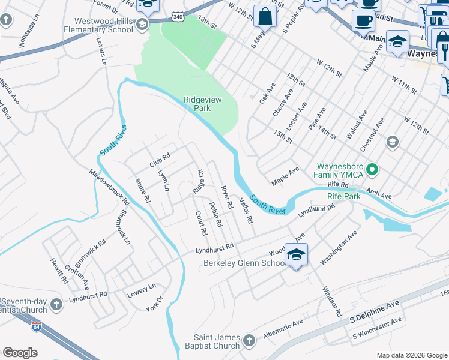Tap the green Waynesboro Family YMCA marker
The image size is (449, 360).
372,170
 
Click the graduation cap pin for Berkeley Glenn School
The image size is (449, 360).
295,254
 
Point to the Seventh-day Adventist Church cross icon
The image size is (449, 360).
56,305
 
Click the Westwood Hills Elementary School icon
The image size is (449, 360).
142,25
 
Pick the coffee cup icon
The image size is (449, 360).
363,20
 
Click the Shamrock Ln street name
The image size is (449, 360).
124,226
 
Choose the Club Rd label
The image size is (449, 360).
160,160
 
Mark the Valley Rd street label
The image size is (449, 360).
245,211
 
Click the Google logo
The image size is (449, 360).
20,353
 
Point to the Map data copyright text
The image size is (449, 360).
411,355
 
